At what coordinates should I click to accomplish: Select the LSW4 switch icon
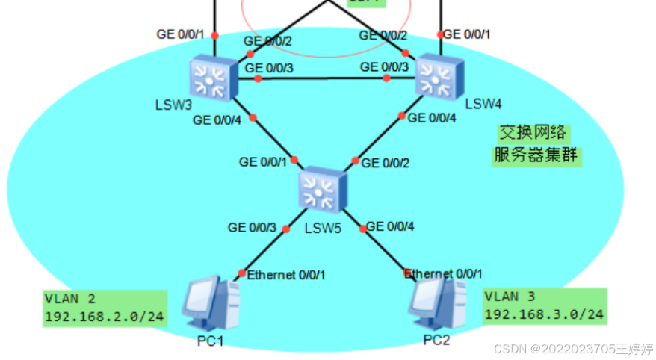coord(439,76)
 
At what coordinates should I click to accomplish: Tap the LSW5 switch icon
coord(322,189)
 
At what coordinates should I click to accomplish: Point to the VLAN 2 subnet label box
coord(104,308)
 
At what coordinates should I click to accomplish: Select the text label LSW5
coord(324,228)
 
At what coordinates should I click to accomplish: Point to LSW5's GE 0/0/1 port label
coord(262,161)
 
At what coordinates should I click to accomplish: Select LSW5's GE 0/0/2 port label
coord(386,164)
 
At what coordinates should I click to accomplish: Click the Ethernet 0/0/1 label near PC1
coord(286,275)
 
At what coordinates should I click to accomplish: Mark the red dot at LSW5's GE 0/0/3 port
coord(285,229)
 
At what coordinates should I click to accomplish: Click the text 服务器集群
coord(536,156)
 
